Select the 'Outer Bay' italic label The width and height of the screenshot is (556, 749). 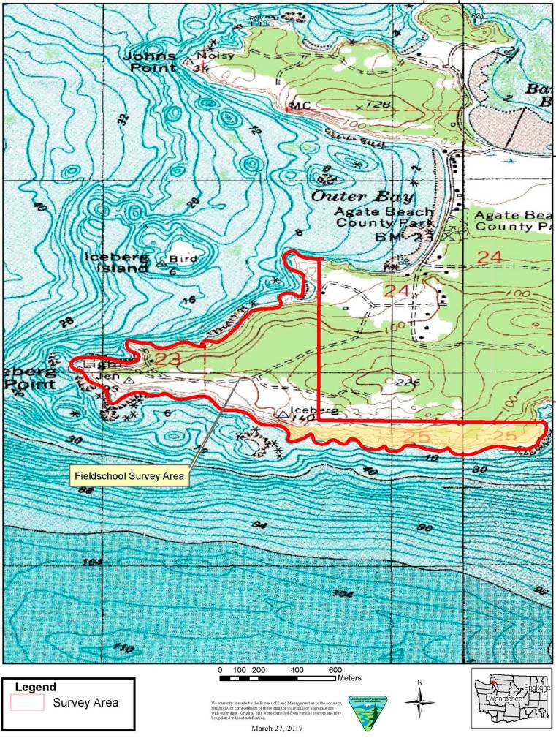[362, 197]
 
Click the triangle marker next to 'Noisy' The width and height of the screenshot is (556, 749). [189, 62]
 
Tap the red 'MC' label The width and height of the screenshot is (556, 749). [300, 106]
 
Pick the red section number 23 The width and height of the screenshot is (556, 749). [167, 359]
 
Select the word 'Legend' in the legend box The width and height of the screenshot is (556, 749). [35, 688]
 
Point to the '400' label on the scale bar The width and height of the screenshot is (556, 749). [297, 669]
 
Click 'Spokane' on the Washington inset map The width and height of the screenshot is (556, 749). [536, 688]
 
